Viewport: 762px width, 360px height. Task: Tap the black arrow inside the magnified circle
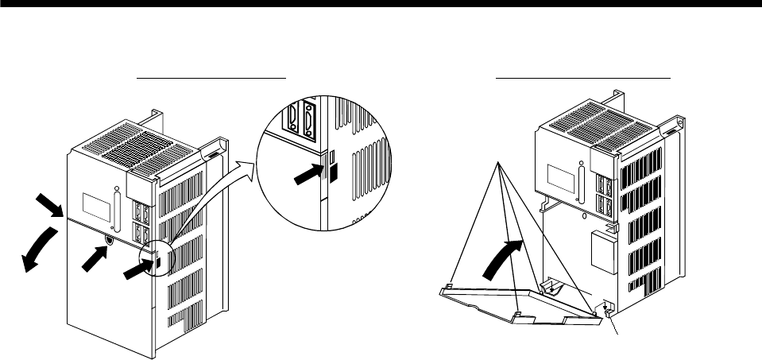point(308,176)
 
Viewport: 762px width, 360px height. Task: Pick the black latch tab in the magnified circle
point(333,170)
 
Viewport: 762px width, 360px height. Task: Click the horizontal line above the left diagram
point(211,79)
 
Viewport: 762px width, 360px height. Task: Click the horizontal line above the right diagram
point(583,79)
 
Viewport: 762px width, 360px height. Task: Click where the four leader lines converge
point(499,163)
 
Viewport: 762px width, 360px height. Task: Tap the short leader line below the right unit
point(614,326)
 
